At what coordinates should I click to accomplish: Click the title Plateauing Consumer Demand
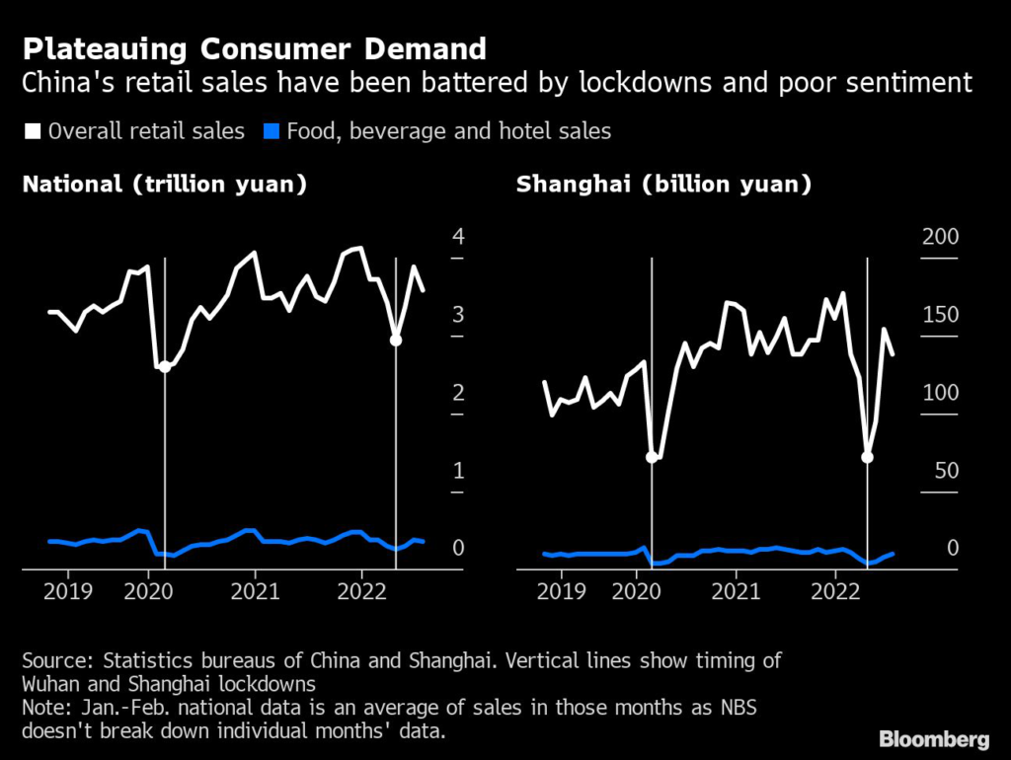point(255,48)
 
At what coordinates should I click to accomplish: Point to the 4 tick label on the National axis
point(457,237)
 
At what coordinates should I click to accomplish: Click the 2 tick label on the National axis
point(457,393)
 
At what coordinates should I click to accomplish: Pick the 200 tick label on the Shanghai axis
point(938,237)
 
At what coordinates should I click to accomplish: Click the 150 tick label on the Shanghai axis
point(938,315)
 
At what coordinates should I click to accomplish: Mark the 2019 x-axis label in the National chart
point(68,592)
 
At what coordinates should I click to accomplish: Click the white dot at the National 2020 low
point(165,366)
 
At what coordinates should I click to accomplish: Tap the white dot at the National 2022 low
point(396,340)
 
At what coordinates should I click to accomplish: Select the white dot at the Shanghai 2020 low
point(652,457)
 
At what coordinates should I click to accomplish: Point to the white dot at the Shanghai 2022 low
point(868,457)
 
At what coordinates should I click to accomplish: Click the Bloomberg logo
point(934,737)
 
